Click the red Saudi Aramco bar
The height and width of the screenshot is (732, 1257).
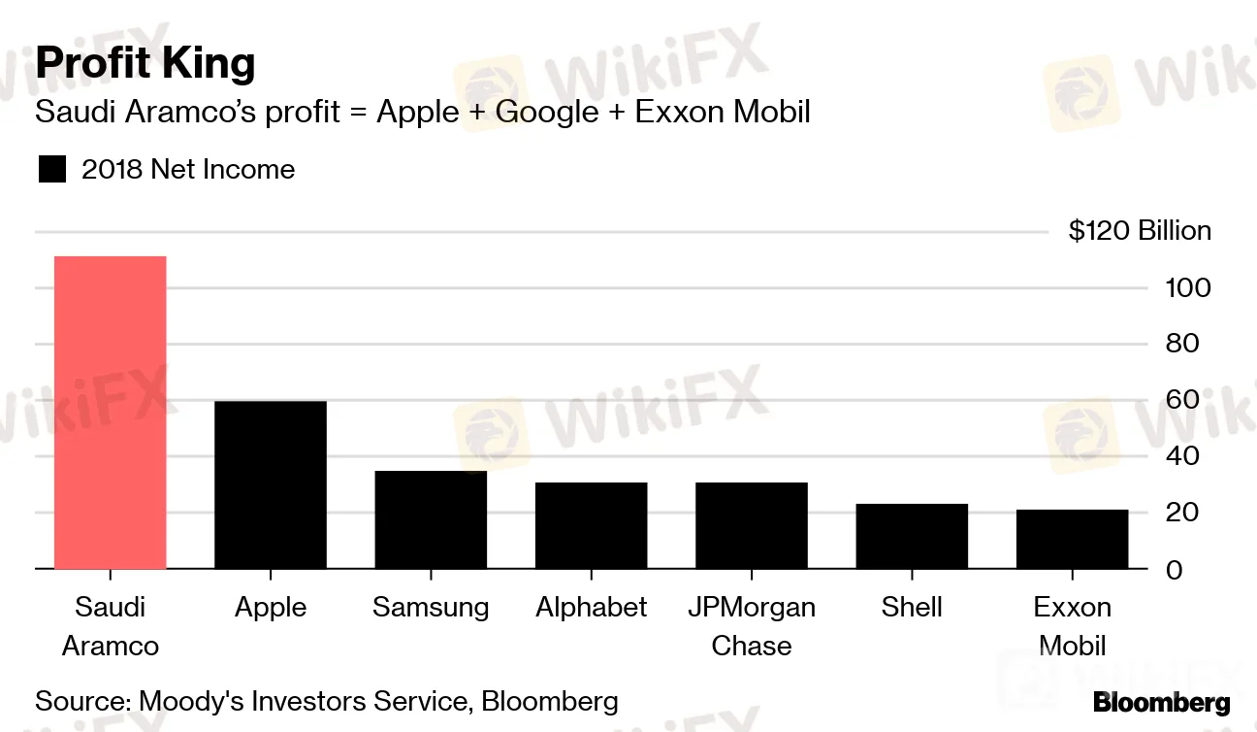[x=110, y=413]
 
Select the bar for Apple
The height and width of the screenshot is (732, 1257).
[x=270, y=484]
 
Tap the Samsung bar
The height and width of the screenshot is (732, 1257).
[x=431, y=519]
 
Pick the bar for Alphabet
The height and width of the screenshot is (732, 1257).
[x=591, y=525]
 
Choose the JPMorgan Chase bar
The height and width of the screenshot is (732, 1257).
[x=751, y=525]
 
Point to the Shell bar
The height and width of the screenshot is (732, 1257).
[x=912, y=536]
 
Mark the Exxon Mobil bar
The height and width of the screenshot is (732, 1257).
[x=1072, y=539]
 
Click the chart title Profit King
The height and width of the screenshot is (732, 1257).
[x=145, y=63]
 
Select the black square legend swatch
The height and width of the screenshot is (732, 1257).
[x=52, y=170]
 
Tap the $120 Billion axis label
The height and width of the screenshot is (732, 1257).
[x=1140, y=231]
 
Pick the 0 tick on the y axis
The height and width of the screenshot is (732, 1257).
[x=1175, y=569]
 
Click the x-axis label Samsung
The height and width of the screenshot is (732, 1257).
[x=431, y=608]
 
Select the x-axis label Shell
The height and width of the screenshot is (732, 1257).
[x=912, y=608]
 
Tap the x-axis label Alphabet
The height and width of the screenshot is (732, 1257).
[x=591, y=608]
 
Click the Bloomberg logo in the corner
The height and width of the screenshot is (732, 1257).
[x=1161, y=703]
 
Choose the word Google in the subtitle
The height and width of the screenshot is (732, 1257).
[x=547, y=113]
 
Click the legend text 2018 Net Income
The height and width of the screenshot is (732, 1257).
[x=188, y=170]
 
